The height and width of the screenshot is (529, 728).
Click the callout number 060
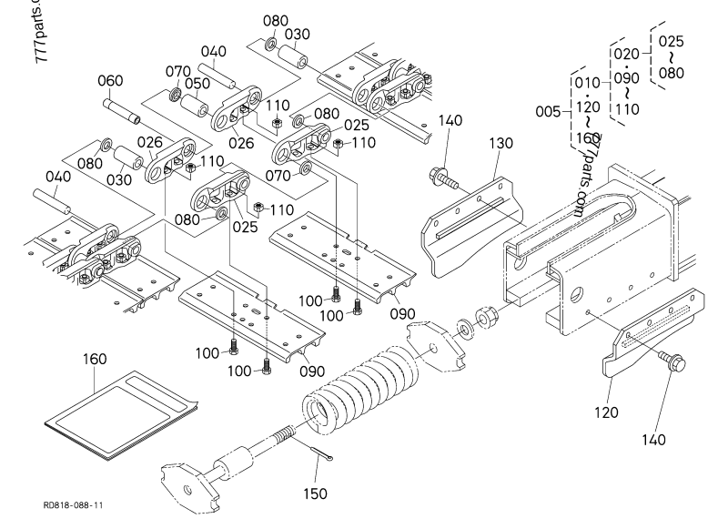(x=110, y=81)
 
